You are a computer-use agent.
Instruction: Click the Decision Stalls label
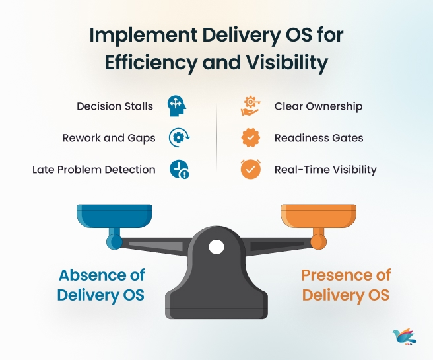click(x=115, y=106)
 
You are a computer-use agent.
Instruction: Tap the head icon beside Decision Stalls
click(x=176, y=106)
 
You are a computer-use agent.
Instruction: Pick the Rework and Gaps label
click(x=109, y=138)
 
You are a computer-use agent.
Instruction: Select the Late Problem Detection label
click(x=94, y=170)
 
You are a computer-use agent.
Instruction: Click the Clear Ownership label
click(x=318, y=106)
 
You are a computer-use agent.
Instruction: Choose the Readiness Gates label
click(x=319, y=138)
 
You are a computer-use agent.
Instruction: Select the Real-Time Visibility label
click(x=325, y=170)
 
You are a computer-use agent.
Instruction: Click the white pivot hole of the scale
click(x=216, y=248)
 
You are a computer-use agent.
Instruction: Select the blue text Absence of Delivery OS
click(x=101, y=285)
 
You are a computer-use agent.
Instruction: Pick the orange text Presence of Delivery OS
click(x=346, y=285)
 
